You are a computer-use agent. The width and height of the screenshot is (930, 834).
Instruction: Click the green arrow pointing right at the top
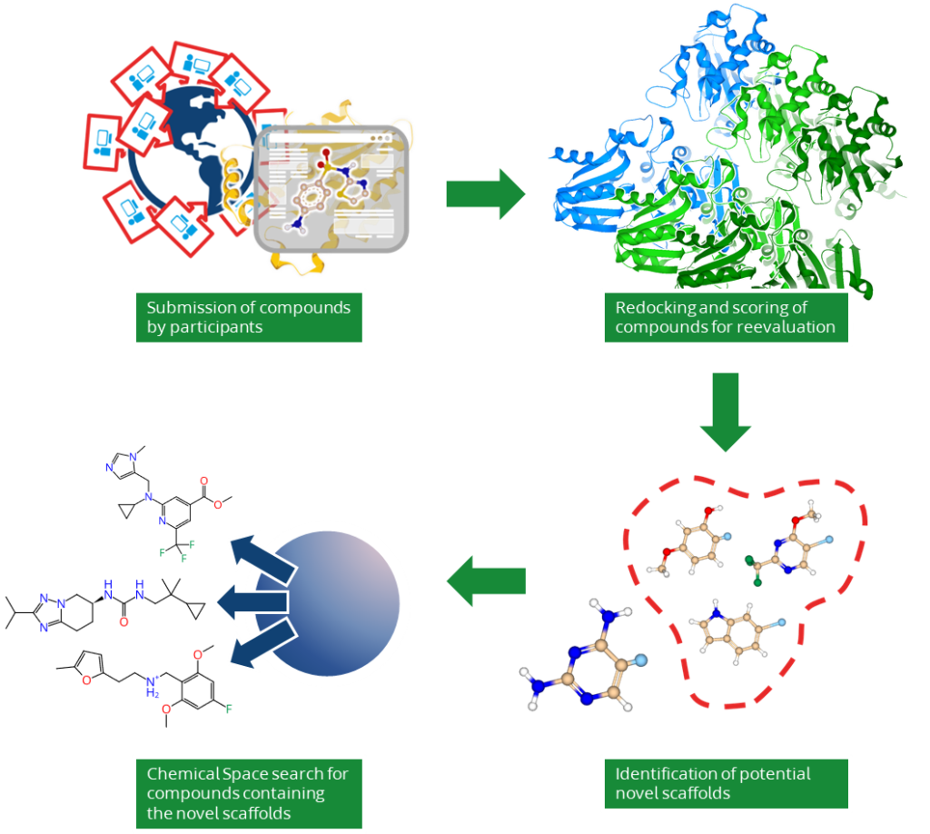point(485,194)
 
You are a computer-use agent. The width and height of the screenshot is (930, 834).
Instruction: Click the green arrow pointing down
point(726,412)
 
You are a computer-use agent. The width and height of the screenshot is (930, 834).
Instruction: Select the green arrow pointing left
point(487,581)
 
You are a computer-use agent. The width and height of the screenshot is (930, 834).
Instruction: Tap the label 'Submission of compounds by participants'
point(249,317)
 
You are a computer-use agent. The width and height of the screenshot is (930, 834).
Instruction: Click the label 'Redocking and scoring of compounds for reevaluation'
point(726,317)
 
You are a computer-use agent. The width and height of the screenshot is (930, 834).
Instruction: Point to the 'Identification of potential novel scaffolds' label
point(726,784)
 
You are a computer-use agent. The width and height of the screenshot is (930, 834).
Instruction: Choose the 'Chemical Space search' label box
point(249,794)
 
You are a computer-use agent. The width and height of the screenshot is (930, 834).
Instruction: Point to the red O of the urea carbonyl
point(124,621)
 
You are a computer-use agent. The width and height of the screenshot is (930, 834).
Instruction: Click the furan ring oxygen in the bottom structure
point(86,680)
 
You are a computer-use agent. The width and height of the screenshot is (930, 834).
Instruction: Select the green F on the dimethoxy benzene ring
point(228,709)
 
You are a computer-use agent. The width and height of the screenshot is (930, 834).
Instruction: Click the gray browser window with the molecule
point(331,189)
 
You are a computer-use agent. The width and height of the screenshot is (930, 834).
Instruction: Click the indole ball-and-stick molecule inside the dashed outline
point(737,632)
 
